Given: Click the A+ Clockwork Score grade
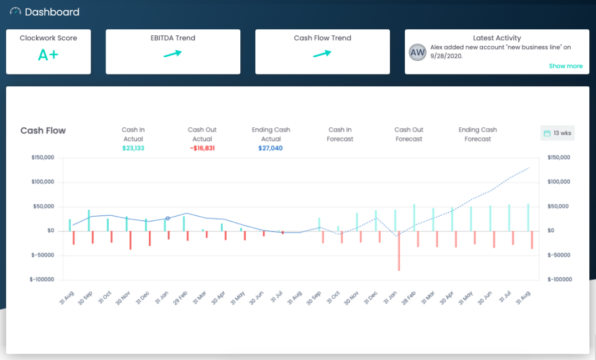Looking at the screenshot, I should click(48, 55).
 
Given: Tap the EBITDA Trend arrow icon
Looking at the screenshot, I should click(173, 54).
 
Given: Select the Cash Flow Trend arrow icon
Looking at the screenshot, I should click(322, 54).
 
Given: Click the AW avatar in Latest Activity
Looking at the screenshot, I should click(418, 53).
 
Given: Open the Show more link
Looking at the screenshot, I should click(566, 66).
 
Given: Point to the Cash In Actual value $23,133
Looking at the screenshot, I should click(133, 148).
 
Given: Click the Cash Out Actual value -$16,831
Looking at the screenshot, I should click(202, 148).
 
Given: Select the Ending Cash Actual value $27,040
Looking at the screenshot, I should click(271, 148).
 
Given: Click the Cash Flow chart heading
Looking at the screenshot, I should click(43, 130).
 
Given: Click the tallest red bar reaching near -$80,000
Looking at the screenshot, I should click(399, 251).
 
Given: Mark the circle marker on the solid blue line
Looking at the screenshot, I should click(168, 218).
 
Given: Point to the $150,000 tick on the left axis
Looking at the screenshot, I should click(43, 158).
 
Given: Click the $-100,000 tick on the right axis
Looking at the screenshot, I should click(559, 279).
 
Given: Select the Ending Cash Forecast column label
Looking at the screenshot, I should click(477, 135).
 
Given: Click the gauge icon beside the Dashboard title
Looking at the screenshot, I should click(16, 12).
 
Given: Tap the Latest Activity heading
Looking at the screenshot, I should click(497, 38).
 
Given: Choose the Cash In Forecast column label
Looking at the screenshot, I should click(340, 135).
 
